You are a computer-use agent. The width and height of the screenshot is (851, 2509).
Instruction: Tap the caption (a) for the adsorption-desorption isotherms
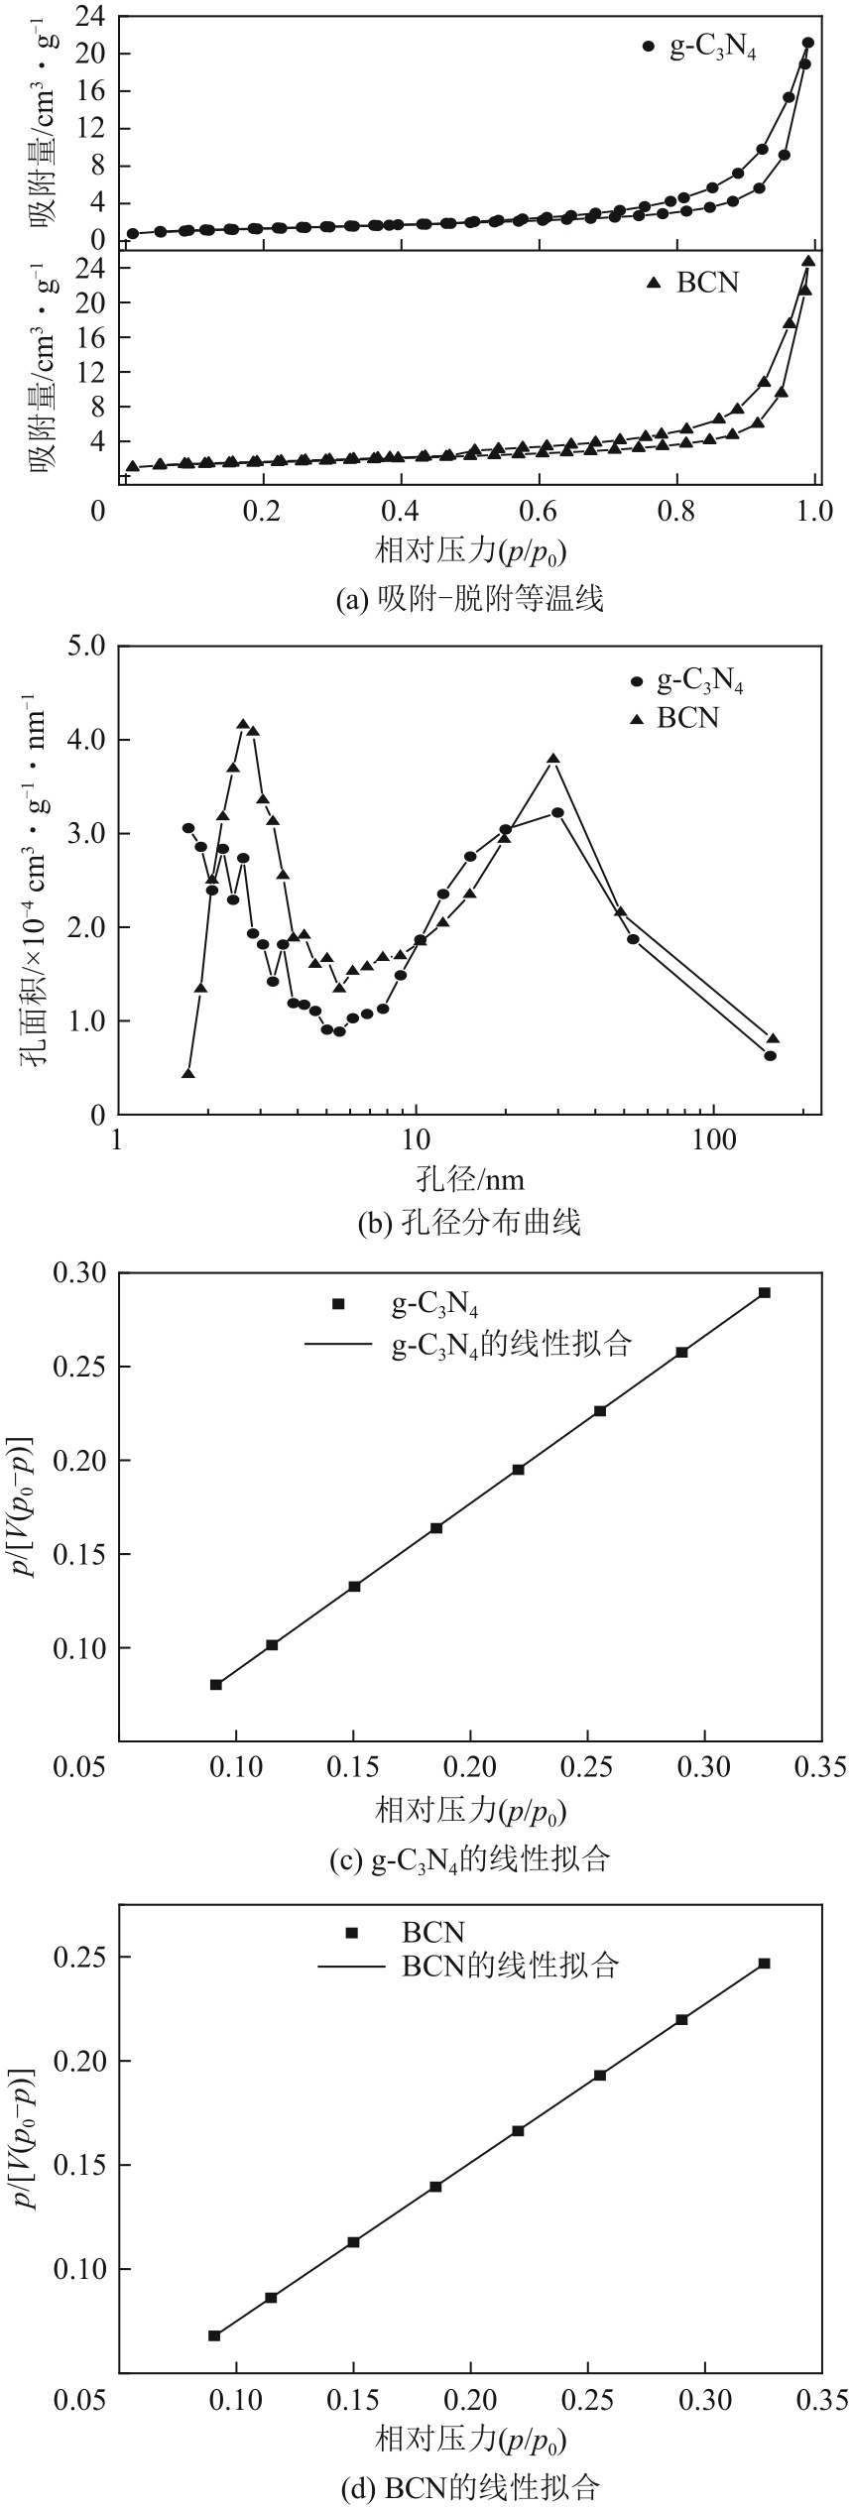[470, 599]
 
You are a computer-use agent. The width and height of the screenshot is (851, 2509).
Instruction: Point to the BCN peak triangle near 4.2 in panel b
[242, 725]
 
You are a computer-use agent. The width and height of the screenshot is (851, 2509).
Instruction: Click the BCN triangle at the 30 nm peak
[553, 759]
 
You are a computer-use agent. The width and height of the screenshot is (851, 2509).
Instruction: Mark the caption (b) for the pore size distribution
[470, 1223]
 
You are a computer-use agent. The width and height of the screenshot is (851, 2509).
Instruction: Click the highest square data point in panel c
[764, 1293]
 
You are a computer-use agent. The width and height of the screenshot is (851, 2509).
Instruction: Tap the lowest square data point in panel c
[216, 1685]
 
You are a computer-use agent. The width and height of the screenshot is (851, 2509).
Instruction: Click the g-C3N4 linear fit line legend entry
[466, 1344]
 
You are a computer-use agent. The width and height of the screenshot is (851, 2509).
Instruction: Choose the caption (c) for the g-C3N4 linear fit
[470, 1859]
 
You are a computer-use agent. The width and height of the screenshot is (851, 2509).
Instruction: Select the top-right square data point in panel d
[764, 1964]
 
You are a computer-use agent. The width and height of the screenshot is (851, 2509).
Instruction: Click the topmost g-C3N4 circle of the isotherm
[807, 43]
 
